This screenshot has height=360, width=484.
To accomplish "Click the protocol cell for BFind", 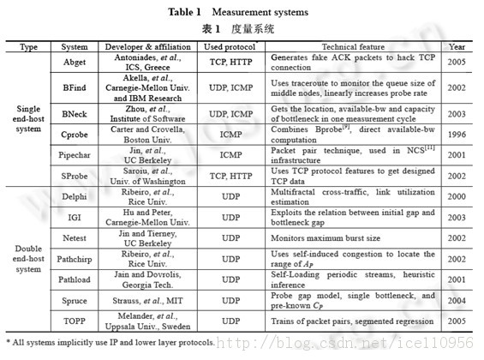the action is [x=230, y=87].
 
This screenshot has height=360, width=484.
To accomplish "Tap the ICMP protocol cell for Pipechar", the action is [x=230, y=157].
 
